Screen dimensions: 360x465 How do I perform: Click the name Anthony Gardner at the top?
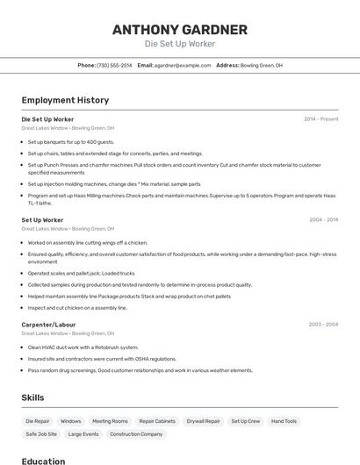tap(179, 30)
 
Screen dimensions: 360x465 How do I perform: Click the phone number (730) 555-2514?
tap(114, 65)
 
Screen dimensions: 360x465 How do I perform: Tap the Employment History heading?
tap(65, 100)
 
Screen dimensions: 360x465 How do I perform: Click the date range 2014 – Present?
tap(320, 118)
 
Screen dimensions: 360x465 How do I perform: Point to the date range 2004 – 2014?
tap(323, 220)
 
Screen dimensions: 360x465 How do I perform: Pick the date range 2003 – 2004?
tap(323, 325)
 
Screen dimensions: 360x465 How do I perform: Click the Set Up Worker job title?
tap(42, 220)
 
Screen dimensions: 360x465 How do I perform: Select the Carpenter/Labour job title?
tap(49, 325)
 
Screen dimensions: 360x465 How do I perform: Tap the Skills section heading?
tap(33, 397)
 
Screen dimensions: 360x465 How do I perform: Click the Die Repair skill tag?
tap(38, 421)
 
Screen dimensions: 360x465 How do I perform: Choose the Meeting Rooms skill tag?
tap(110, 421)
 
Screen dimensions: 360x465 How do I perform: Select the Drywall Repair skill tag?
tap(204, 421)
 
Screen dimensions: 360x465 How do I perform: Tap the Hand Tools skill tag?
tap(284, 421)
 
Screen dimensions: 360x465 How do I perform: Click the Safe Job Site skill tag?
tap(41, 434)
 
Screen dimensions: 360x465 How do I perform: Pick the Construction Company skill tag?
tap(136, 434)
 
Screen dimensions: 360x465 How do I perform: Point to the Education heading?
tap(43, 461)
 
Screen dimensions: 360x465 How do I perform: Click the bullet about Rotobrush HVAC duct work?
tap(83, 347)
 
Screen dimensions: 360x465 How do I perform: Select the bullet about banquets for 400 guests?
tap(70, 141)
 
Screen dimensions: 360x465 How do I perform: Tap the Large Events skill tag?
tap(83, 434)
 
